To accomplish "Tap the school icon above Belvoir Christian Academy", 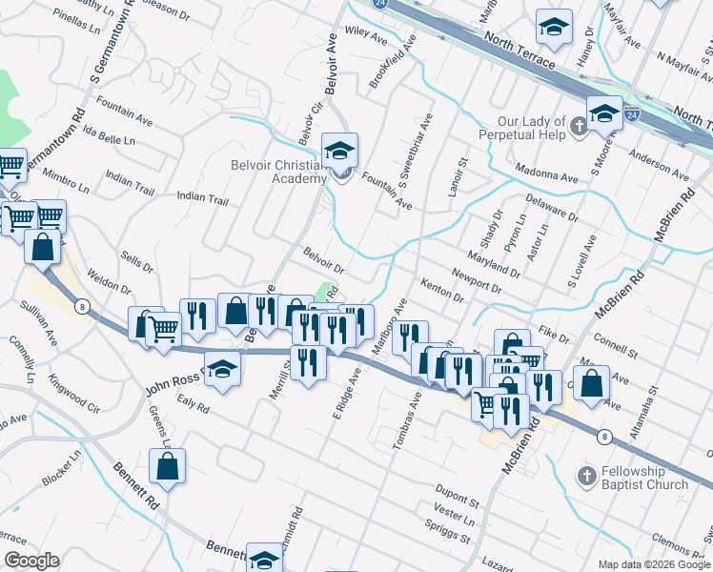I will pos(338,150).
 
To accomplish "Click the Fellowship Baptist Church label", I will pos(645,479).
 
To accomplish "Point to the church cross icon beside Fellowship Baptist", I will pos(586,474).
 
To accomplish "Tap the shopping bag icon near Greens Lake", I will pos(167,467).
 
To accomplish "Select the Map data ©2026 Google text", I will pos(653,564).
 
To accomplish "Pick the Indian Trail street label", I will pos(203,199).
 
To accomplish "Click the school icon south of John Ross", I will pos(221,369).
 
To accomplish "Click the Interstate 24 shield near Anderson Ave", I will pos(632,114).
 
